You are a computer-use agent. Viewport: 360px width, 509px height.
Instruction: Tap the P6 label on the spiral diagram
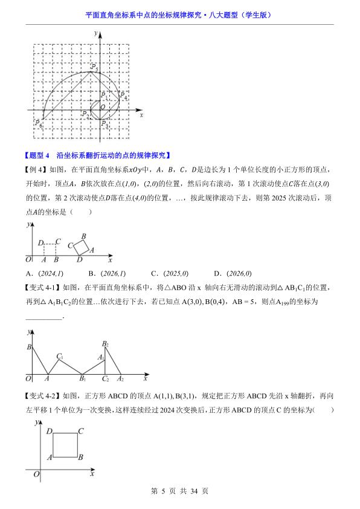coord(39,123)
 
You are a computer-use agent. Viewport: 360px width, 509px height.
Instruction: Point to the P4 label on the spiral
coord(124,96)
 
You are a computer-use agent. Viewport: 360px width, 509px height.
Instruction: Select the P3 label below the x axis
coord(104,124)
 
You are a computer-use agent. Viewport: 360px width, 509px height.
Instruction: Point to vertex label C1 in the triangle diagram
coord(60,357)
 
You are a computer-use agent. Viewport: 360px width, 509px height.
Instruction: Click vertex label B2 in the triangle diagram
coord(105,345)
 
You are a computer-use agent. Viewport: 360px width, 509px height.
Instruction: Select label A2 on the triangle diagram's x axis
coord(120,379)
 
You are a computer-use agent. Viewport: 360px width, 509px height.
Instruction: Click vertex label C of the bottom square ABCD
coord(80,430)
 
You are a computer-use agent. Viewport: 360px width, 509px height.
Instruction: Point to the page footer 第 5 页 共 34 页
coord(179,491)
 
